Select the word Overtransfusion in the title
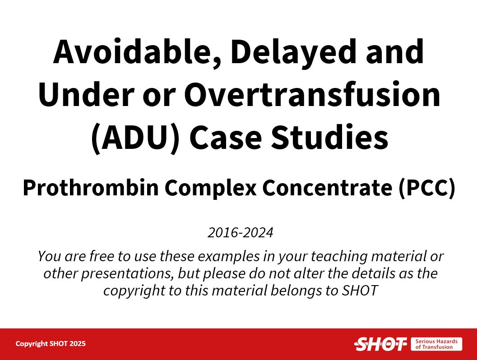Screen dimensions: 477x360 [x=312, y=94]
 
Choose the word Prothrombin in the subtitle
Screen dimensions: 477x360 [x=91, y=188]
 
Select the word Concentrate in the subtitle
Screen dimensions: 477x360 [x=327, y=188]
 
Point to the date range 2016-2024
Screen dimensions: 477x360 [x=241, y=233]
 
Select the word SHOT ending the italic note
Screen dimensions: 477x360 [x=360, y=291]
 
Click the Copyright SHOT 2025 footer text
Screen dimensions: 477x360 [x=51, y=344]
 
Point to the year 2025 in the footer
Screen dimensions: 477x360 [x=78, y=344]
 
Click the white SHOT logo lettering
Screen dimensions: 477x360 [x=380, y=344]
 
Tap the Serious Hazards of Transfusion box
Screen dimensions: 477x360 [x=436, y=344]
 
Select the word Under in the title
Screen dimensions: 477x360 [x=86, y=94]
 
